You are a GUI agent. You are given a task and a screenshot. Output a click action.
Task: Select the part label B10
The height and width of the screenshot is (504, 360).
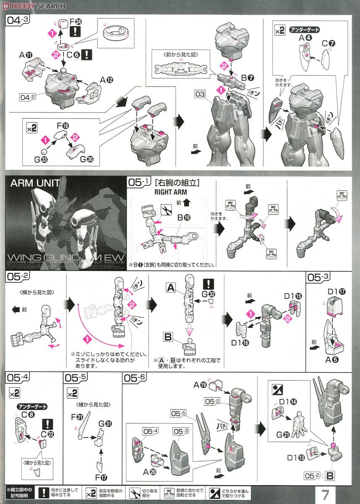184,218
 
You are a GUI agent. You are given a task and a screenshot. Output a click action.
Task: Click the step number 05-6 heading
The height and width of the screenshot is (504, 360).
135,378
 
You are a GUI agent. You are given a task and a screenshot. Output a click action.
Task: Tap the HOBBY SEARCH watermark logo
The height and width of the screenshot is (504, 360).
34,5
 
